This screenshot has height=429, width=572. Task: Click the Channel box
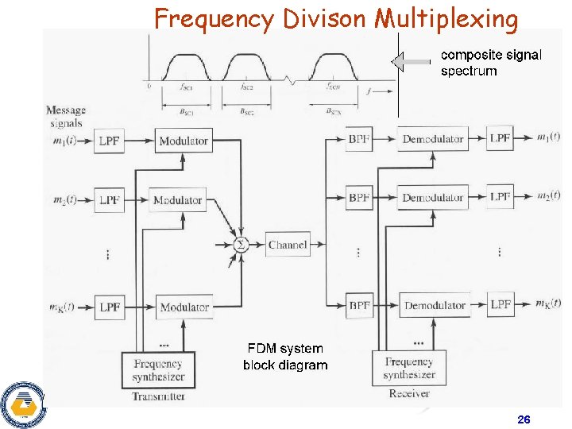point(288,245)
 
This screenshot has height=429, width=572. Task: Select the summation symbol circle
point(242,245)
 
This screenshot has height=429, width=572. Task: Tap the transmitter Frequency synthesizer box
point(158,370)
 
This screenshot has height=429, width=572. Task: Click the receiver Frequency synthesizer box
point(409,368)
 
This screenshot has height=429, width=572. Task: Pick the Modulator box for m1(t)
point(184,141)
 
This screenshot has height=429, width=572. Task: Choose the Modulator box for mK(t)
point(184,307)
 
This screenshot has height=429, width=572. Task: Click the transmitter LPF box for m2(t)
point(110,200)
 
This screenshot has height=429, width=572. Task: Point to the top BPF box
point(359,139)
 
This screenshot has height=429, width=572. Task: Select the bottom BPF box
point(359,305)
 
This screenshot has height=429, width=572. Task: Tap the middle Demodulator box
point(432,197)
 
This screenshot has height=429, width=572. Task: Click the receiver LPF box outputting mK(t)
point(500,304)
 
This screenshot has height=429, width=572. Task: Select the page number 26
point(524,419)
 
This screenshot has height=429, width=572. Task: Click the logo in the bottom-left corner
point(21,404)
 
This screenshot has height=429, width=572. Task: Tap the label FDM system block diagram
point(285,357)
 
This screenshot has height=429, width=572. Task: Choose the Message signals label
point(66,117)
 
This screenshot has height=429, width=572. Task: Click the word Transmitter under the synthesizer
point(159,396)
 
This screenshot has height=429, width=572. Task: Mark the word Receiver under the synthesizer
point(409,393)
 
